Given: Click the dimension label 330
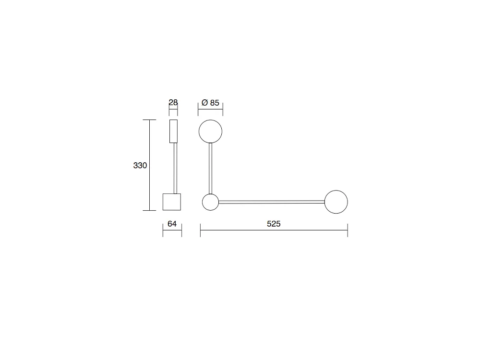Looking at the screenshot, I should click(x=140, y=166).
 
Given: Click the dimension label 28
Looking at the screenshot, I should click(x=173, y=102).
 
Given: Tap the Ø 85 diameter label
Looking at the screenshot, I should click(x=210, y=102).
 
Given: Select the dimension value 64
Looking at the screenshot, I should click(x=172, y=224).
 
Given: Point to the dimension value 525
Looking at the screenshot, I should click(x=274, y=224).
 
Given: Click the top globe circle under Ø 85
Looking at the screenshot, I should click(x=210, y=132).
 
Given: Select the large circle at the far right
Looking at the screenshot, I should click(x=336, y=202).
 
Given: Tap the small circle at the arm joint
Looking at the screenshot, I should click(x=210, y=202).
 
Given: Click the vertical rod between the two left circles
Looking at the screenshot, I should click(x=210, y=168).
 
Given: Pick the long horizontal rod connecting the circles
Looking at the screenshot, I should click(x=271, y=202).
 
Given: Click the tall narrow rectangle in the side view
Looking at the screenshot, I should click(x=173, y=131).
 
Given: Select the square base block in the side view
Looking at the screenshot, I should click(x=172, y=202).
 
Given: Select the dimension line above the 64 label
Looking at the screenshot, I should click(x=172, y=231).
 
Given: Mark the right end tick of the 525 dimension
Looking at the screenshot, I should click(x=348, y=230).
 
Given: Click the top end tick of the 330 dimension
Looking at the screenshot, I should click(x=150, y=120).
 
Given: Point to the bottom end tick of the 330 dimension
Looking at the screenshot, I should click(x=150, y=210).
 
